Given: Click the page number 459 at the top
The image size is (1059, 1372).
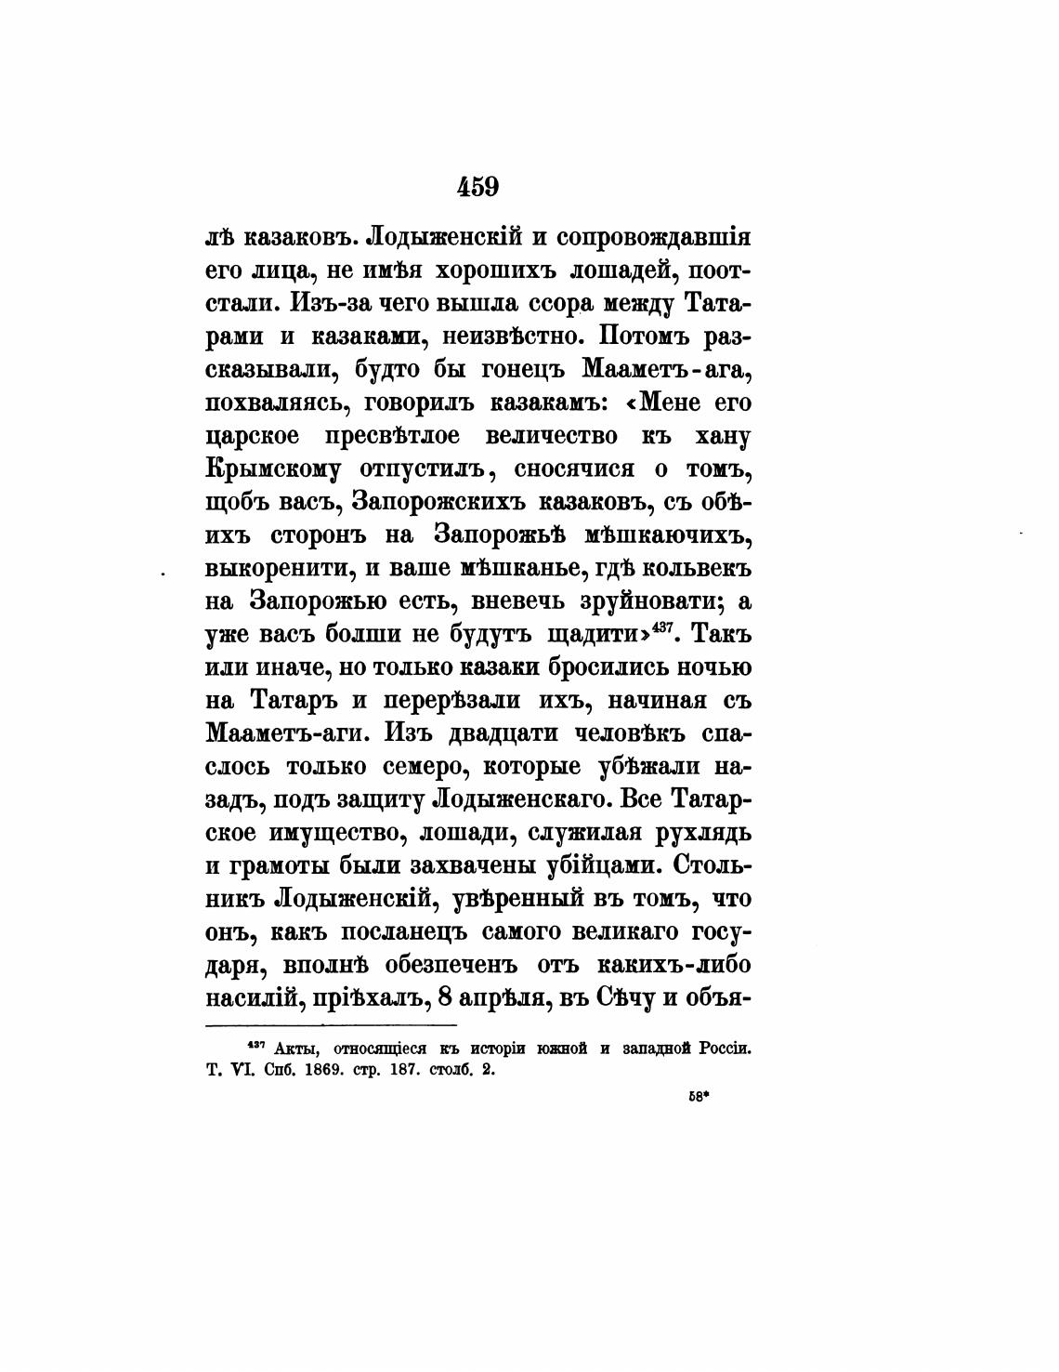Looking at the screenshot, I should point(478,186).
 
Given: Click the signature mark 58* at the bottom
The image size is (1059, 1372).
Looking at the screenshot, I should point(699,1097).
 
